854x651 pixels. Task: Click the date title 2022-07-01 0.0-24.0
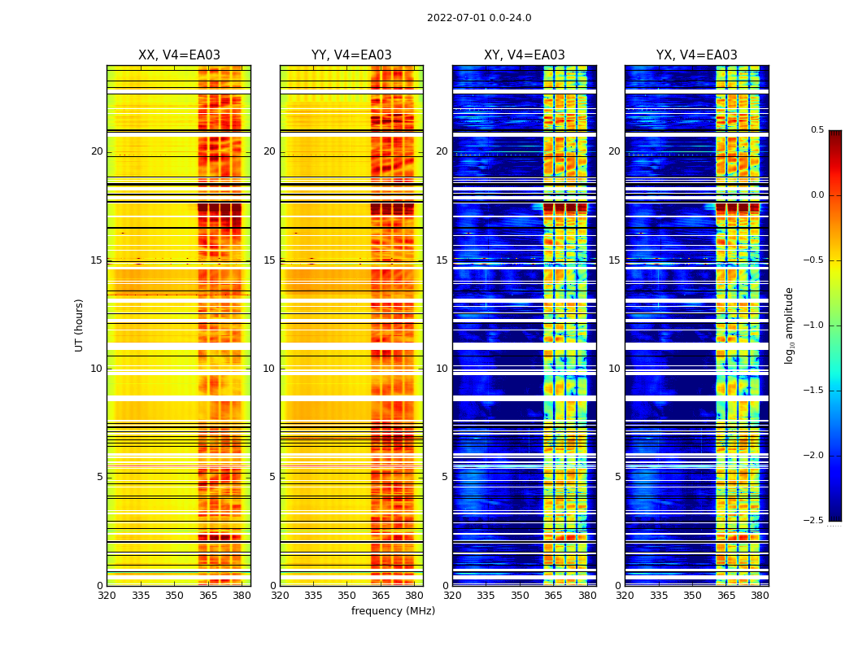pyautogui.click(x=479, y=18)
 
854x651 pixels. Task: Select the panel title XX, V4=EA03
pyautogui.click(x=179, y=55)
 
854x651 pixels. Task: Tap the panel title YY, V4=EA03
pyautogui.click(x=351, y=55)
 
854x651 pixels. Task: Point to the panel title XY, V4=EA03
pyautogui.click(x=524, y=55)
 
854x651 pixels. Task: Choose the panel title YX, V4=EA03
pyautogui.click(x=696, y=55)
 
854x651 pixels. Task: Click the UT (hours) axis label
pyautogui.click(x=79, y=325)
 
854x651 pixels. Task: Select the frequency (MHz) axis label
pyautogui.click(x=393, y=611)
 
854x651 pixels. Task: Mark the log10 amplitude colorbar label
pyautogui.click(x=789, y=325)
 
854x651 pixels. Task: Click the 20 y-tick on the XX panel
pyautogui.click(x=97, y=151)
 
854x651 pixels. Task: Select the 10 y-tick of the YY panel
pyautogui.click(x=269, y=369)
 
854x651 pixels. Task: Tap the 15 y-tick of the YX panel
pyautogui.click(x=614, y=260)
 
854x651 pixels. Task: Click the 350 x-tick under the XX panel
pyautogui.click(x=174, y=596)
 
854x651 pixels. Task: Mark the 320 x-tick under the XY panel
pyautogui.click(x=452, y=596)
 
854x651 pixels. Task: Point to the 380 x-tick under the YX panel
pyautogui.click(x=760, y=596)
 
